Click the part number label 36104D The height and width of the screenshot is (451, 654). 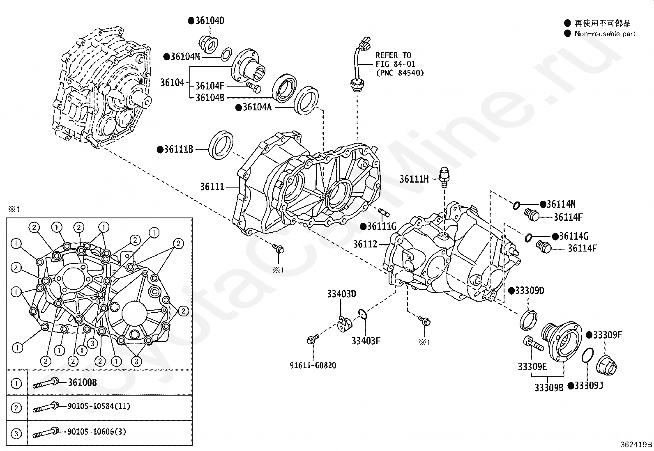210,21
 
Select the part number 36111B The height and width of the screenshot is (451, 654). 178,149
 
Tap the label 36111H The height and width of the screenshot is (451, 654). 414,179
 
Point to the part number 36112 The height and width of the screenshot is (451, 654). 365,244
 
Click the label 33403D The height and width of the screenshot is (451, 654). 341,294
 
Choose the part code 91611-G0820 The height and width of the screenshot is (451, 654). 313,365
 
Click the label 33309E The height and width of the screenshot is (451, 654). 532,367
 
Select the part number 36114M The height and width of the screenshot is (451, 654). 561,204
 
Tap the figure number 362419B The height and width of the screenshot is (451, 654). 636,444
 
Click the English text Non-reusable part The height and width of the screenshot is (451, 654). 605,34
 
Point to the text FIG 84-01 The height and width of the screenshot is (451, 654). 395,64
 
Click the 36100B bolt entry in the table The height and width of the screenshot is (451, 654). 82,382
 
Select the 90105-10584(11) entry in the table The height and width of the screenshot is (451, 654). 99,406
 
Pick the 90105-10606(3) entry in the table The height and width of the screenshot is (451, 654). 97,431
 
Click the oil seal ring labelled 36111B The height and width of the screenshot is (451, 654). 221,145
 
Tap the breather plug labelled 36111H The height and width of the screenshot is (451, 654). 444,177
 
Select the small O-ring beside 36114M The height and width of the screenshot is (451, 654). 516,205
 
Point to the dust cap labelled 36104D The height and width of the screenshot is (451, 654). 208,44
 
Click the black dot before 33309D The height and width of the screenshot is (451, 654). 511,291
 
